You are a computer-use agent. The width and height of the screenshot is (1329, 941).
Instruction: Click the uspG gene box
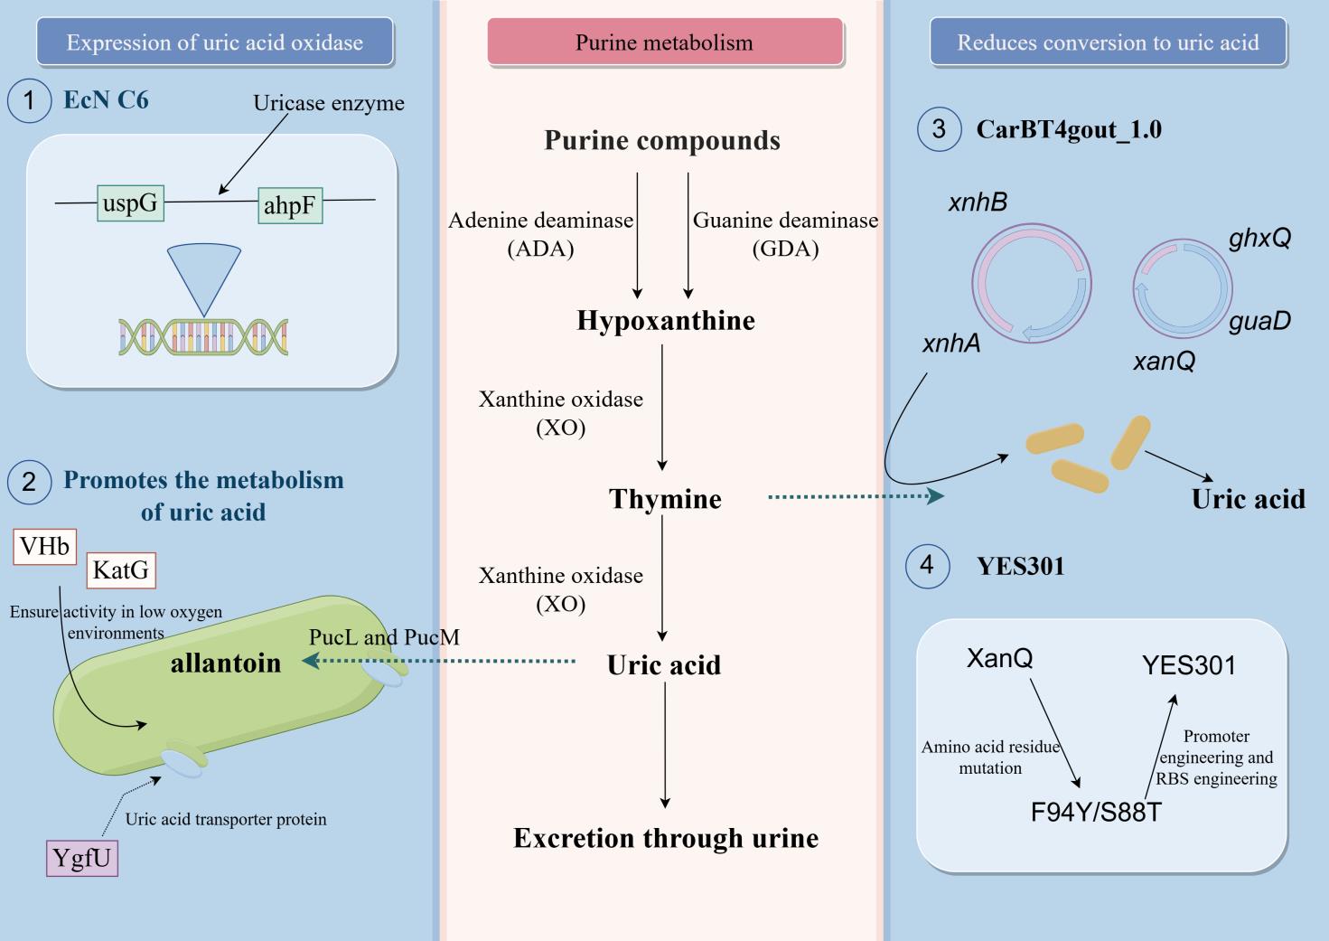click(129, 202)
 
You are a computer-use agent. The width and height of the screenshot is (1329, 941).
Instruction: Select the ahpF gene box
click(289, 205)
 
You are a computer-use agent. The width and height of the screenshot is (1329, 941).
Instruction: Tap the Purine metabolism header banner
click(664, 42)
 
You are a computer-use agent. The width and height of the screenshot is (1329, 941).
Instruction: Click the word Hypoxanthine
click(666, 321)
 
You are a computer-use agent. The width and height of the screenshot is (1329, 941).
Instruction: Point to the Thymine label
click(665, 499)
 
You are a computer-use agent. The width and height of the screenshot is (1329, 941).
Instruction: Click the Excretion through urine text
click(666, 838)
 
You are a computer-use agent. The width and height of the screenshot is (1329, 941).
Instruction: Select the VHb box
click(45, 546)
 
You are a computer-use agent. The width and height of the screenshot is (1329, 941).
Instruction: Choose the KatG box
click(121, 570)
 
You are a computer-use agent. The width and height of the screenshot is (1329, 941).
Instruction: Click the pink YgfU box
click(82, 857)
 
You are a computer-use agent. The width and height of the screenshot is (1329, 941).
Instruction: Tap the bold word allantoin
click(226, 663)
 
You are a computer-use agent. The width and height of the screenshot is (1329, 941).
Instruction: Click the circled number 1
click(29, 100)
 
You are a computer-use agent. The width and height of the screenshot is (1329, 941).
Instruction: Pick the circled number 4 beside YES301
click(927, 566)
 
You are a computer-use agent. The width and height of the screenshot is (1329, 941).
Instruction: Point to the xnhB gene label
click(978, 202)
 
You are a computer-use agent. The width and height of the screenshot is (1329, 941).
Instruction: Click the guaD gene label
click(1259, 321)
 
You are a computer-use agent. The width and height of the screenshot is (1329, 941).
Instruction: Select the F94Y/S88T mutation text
click(1096, 812)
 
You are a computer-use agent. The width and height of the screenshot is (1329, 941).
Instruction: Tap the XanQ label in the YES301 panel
click(999, 657)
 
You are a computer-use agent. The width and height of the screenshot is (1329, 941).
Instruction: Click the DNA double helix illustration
click(203, 336)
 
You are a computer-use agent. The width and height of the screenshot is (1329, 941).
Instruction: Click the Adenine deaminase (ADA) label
click(540, 234)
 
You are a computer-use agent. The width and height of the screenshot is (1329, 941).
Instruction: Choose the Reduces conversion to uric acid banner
click(1108, 42)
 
